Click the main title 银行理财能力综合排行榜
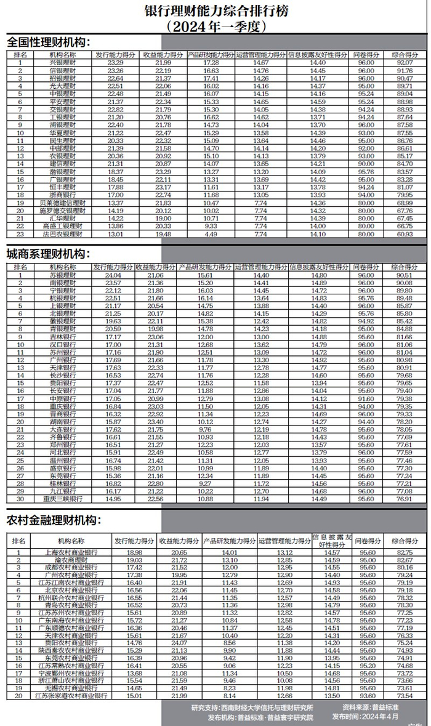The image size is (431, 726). click(215, 11)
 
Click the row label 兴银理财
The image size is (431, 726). click(62, 62)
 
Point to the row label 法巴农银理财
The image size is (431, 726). click(62, 234)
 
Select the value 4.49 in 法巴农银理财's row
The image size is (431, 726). click(211, 234)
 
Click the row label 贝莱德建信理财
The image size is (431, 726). click(62, 203)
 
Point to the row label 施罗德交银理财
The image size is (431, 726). click(62, 211)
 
